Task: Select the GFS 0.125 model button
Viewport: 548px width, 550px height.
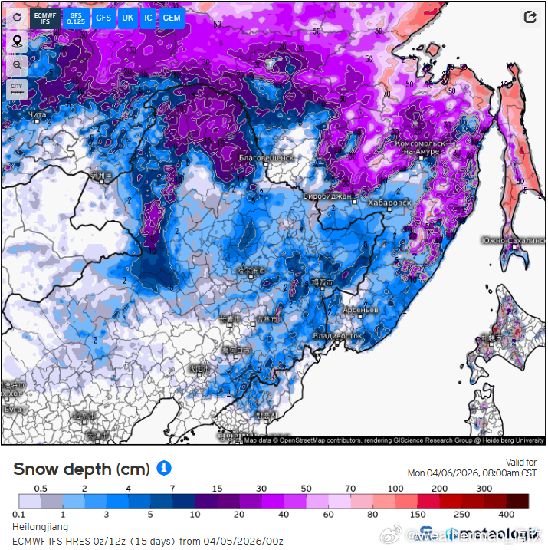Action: point(76,18)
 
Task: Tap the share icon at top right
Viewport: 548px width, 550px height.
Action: point(530,17)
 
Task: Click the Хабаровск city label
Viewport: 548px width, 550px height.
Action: point(389,203)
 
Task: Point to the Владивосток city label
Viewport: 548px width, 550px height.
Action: point(337,336)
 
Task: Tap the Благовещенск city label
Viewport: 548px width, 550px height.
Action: point(266,157)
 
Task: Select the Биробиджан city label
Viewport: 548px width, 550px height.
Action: point(327,196)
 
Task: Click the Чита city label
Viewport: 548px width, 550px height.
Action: point(36,115)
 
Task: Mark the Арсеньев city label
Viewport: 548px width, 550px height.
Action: point(360,309)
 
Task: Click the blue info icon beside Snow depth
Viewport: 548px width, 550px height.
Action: point(164,467)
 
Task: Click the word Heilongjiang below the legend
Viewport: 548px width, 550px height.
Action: point(41,527)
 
